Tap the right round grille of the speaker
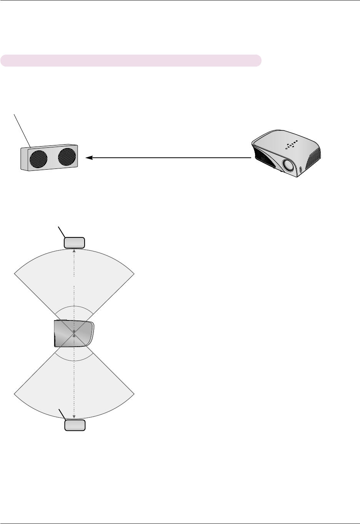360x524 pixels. click(x=67, y=157)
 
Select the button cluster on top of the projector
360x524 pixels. click(x=292, y=145)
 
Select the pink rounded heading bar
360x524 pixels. click(x=131, y=60)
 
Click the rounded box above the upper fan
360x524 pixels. click(x=74, y=243)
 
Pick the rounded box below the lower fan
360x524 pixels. click(x=75, y=425)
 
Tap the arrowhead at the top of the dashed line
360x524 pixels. click(x=74, y=250)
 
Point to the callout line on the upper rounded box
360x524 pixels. click(x=62, y=232)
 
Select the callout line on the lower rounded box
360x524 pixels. click(x=62, y=414)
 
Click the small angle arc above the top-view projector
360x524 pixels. click(x=74, y=307)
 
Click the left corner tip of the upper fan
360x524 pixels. click(x=15, y=274)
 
